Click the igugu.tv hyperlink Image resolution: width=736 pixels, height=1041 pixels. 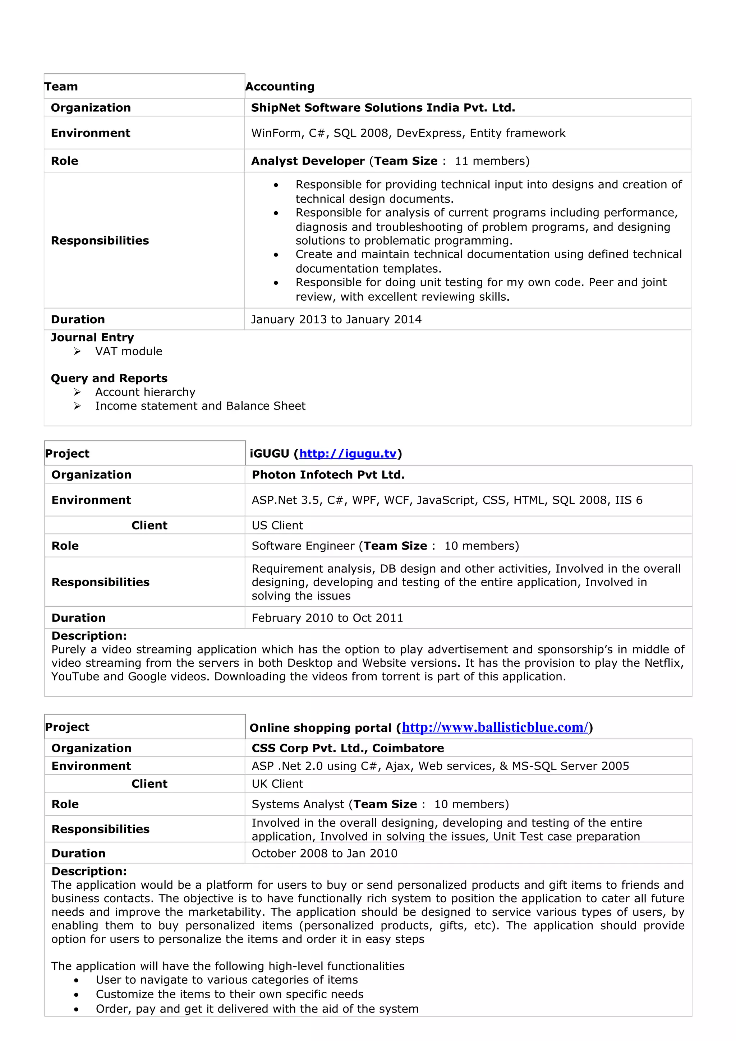coord(348,453)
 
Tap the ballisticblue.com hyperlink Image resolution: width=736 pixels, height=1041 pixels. coord(495,727)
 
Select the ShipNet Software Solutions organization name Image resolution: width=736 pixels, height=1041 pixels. coord(383,107)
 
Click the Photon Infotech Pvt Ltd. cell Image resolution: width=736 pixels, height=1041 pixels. coord(328,475)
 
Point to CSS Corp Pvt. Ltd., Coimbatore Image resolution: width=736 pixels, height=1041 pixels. coord(348,748)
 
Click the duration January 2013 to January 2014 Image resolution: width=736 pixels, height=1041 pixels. coord(336,320)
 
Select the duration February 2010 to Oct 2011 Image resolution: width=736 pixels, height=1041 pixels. coord(327,618)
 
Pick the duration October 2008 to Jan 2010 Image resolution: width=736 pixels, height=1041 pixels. coord(324,853)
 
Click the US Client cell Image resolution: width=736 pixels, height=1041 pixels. coord(277,526)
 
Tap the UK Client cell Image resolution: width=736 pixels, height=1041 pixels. coord(277,784)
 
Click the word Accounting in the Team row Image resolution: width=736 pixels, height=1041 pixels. coord(280,87)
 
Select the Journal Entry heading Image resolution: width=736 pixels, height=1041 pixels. coord(92,337)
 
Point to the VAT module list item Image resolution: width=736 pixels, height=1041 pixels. coord(128,351)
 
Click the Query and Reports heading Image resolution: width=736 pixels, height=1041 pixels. coord(109,378)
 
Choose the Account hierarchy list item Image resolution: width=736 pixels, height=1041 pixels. coord(145,392)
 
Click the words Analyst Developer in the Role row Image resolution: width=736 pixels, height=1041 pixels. coord(308,161)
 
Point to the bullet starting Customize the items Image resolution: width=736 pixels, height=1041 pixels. coord(230,994)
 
